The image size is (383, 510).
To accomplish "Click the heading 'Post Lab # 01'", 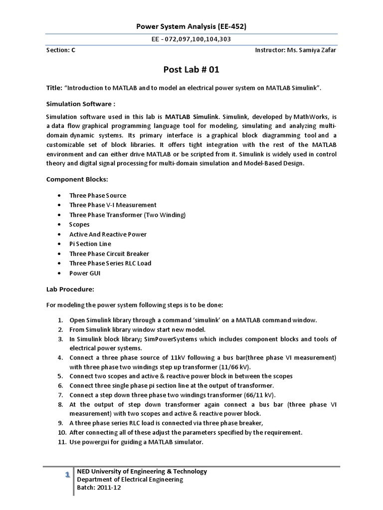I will (x=191, y=69).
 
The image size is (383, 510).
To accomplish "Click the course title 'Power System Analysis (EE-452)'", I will (x=191, y=26).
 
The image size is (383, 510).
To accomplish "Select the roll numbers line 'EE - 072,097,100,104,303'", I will (x=191, y=39).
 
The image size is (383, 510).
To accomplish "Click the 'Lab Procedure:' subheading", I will (x=69, y=289).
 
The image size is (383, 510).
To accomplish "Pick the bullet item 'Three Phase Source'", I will (x=98, y=195).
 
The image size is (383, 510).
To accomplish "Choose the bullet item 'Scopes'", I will (x=79, y=225).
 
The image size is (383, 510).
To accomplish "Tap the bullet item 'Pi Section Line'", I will (x=90, y=244).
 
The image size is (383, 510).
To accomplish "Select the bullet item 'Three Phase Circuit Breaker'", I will (x=109, y=254).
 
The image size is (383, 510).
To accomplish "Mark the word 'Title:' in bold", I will (x=53, y=88).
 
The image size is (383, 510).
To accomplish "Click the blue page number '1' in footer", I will (x=67, y=476).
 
